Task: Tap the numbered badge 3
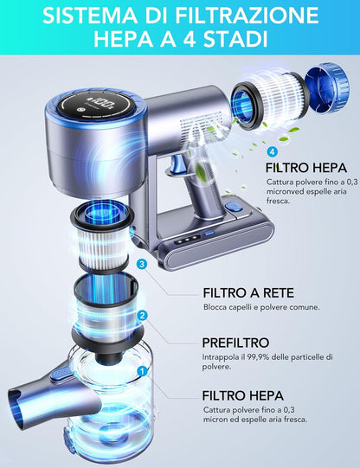[142, 264]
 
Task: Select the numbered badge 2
[143, 316]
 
